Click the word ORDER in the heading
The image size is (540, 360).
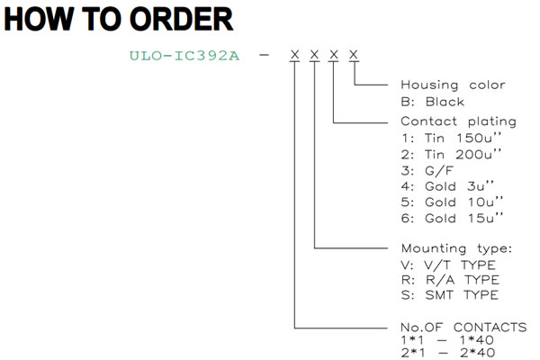point(182,19)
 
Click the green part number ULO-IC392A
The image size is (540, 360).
point(184,56)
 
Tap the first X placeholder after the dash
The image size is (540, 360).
point(295,54)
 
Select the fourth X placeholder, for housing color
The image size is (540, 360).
point(354,54)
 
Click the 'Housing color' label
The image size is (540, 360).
point(453,85)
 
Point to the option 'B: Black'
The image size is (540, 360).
point(433,102)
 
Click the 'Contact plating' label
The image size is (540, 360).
point(458,121)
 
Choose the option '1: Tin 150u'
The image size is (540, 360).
point(451,138)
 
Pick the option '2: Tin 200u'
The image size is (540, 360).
point(451,154)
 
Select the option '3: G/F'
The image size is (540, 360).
point(427,170)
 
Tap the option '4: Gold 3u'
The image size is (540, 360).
point(447,186)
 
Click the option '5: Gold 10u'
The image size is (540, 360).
point(452,202)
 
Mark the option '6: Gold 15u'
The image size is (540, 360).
point(452,218)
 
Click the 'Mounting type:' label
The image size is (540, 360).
point(456,248)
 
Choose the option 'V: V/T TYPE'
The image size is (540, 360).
point(448,265)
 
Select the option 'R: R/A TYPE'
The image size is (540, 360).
point(450,280)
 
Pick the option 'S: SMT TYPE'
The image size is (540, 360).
point(450,295)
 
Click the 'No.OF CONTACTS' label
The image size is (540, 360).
point(463,327)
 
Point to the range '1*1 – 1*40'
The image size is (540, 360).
point(447,340)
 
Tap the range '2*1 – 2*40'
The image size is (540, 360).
point(448,353)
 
